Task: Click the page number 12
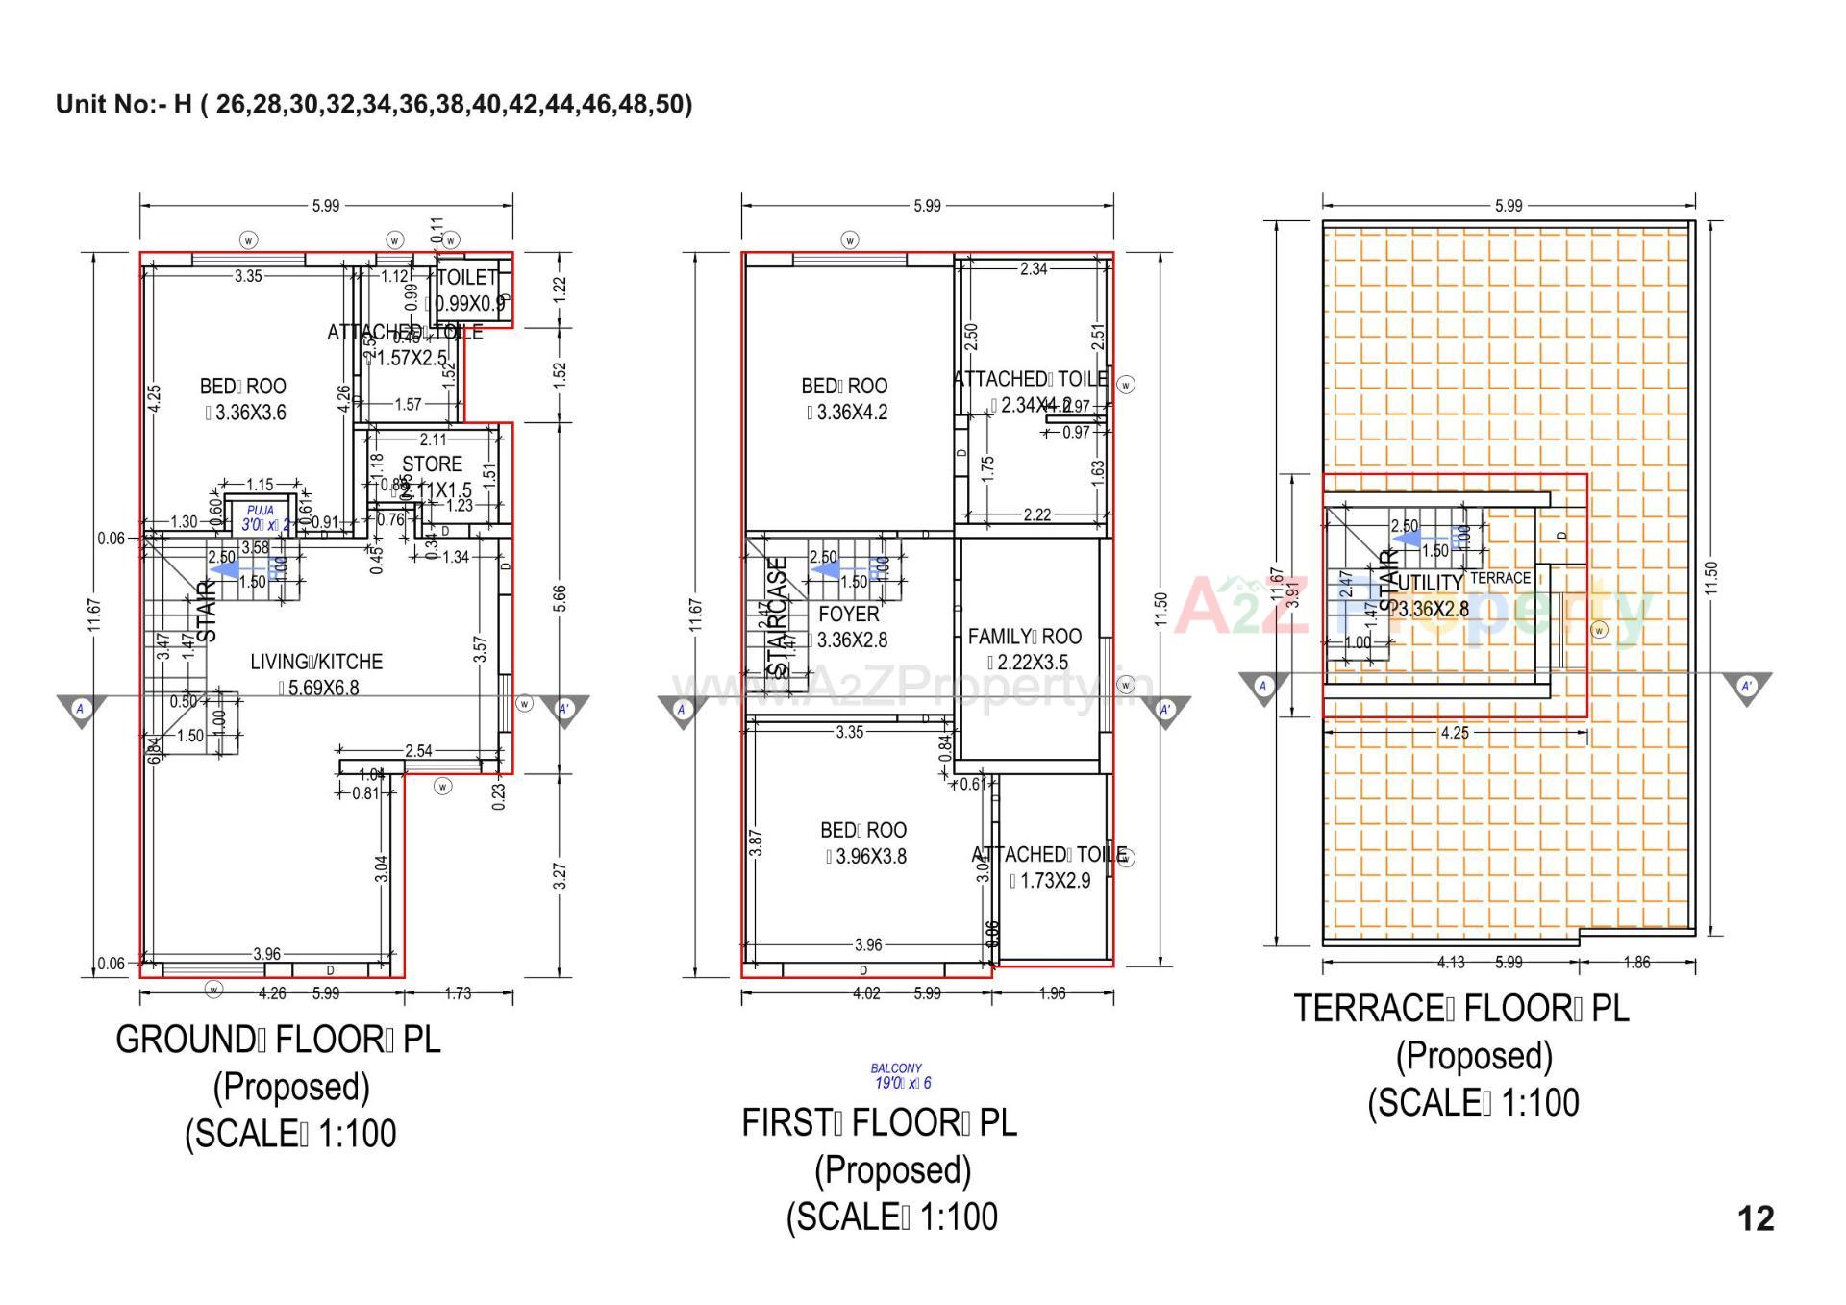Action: tap(1756, 1218)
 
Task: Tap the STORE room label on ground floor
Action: tap(432, 464)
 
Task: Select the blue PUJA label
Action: tap(260, 511)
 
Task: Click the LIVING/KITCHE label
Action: tap(316, 662)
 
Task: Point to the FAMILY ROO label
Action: tap(1024, 637)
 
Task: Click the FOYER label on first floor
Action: tap(848, 614)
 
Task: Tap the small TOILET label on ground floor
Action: tap(467, 278)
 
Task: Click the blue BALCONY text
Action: tap(896, 1067)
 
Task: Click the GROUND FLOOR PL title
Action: tap(278, 1040)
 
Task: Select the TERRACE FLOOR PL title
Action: tap(1460, 1009)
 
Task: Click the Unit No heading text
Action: tap(374, 104)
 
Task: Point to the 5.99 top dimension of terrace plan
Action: tap(1509, 205)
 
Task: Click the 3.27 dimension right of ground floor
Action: tap(561, 876)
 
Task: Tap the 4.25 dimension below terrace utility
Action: tap(1455, 733)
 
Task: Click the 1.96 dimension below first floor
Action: tap(1052, 993)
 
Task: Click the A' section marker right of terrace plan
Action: tap(1746, 687)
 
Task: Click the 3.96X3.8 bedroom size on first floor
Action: tap(865, 856)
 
